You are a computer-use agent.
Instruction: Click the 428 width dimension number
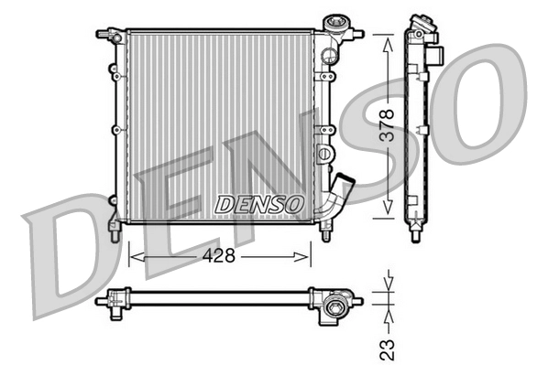[x=220, y=256]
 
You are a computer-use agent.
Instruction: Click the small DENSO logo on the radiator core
[x=258, y=205]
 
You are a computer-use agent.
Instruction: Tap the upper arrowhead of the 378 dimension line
[x=389, y=39]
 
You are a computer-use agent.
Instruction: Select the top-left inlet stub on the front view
[x=104, y=33]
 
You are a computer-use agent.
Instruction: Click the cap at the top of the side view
[x=421, y=22]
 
